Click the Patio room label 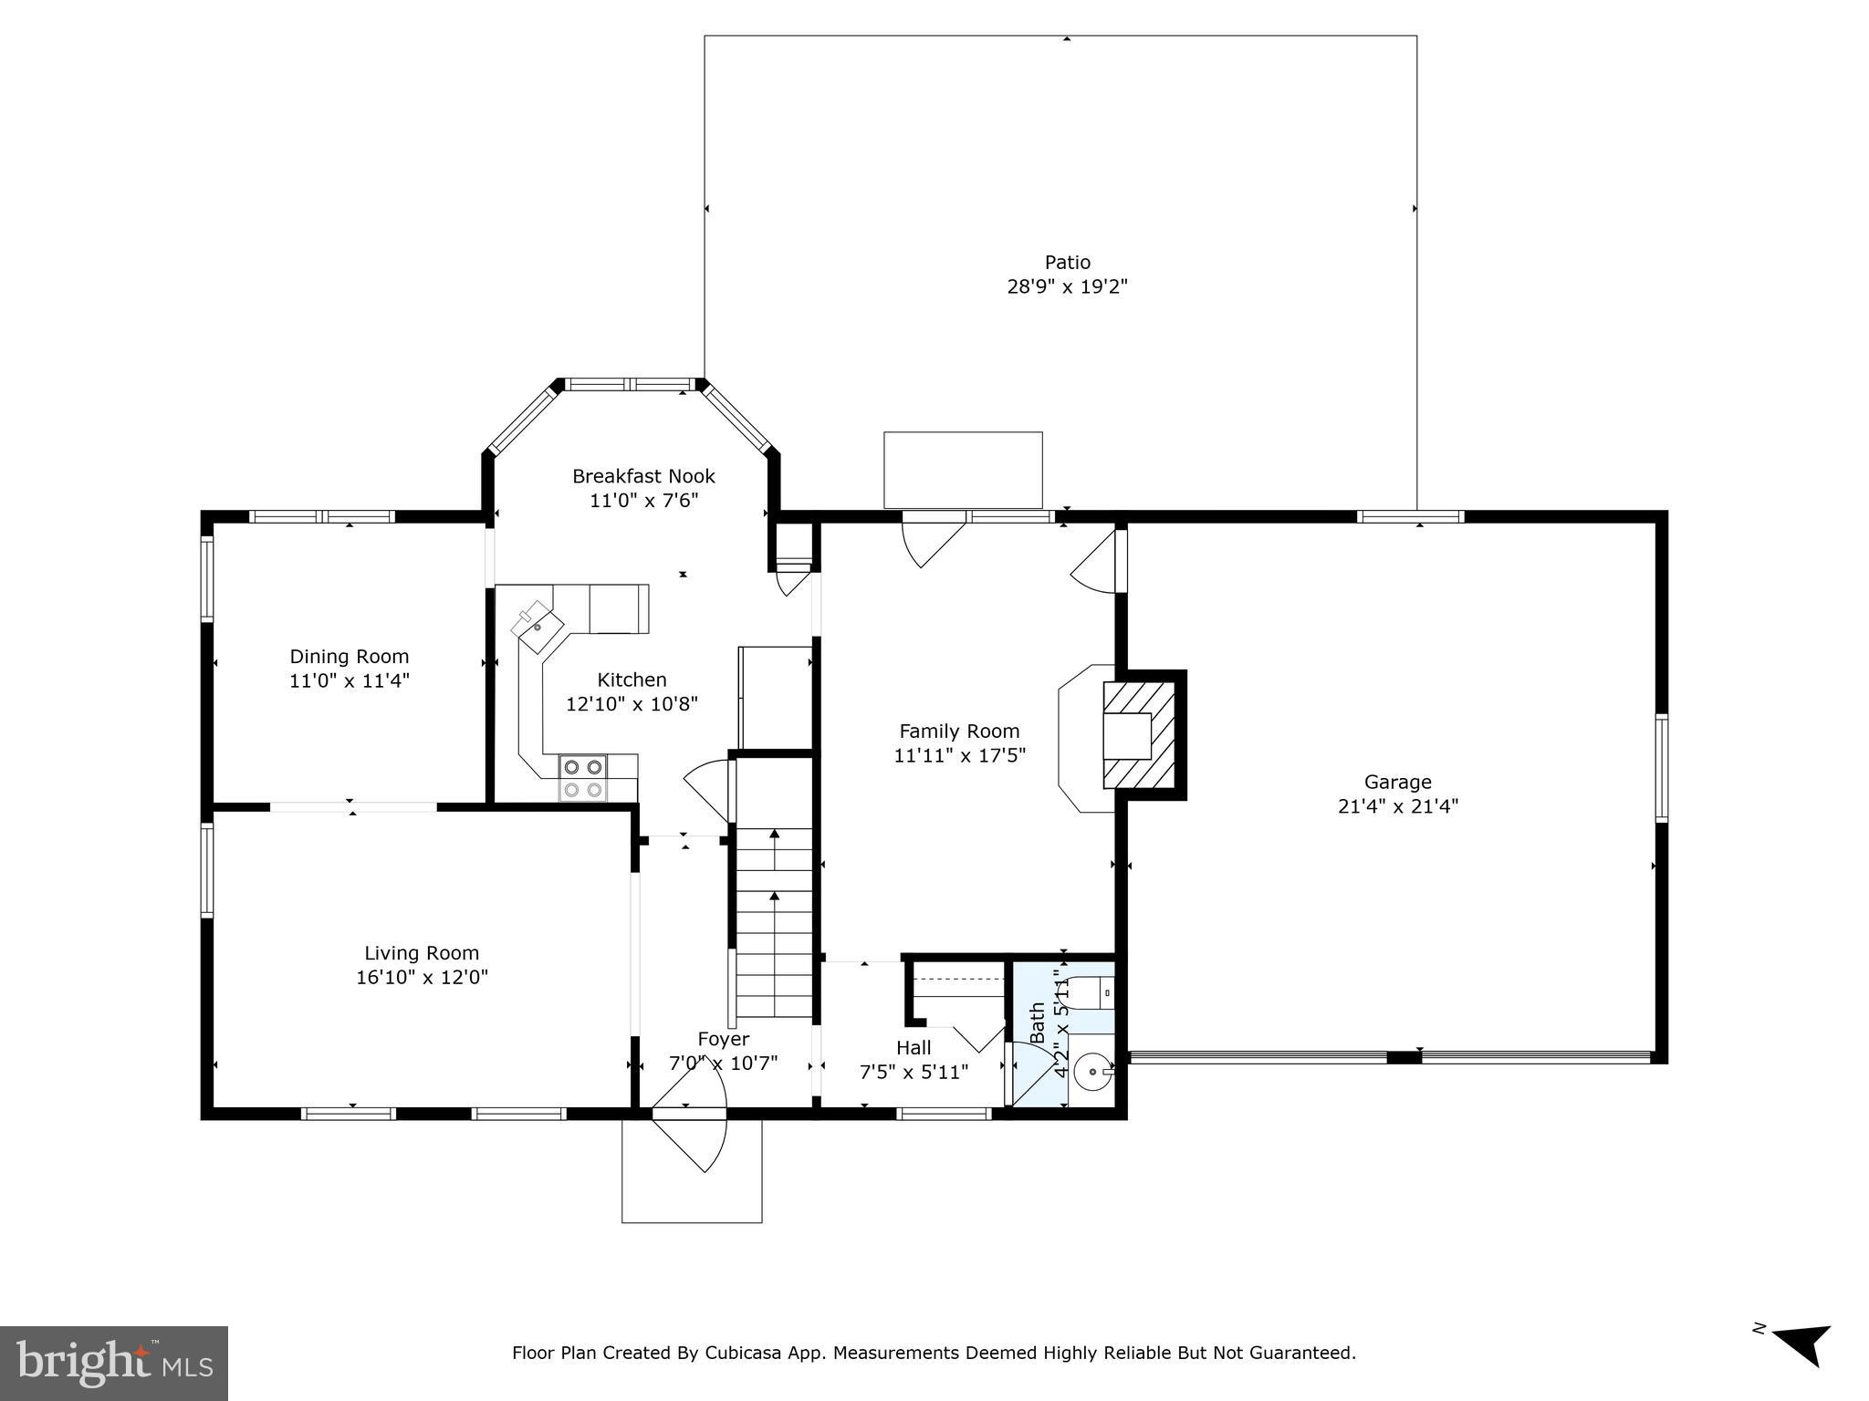(1067, 263)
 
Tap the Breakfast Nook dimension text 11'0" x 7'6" (643, 501)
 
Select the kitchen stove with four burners (583, 778)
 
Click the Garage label (1397, 782)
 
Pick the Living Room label (422, 953)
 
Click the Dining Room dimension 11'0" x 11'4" (349, 680)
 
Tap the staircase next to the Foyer (774, 921)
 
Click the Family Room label (959, 731)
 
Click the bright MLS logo (113, 1363)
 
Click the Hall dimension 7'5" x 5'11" (914, 1072)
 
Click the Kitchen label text (632, 680)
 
